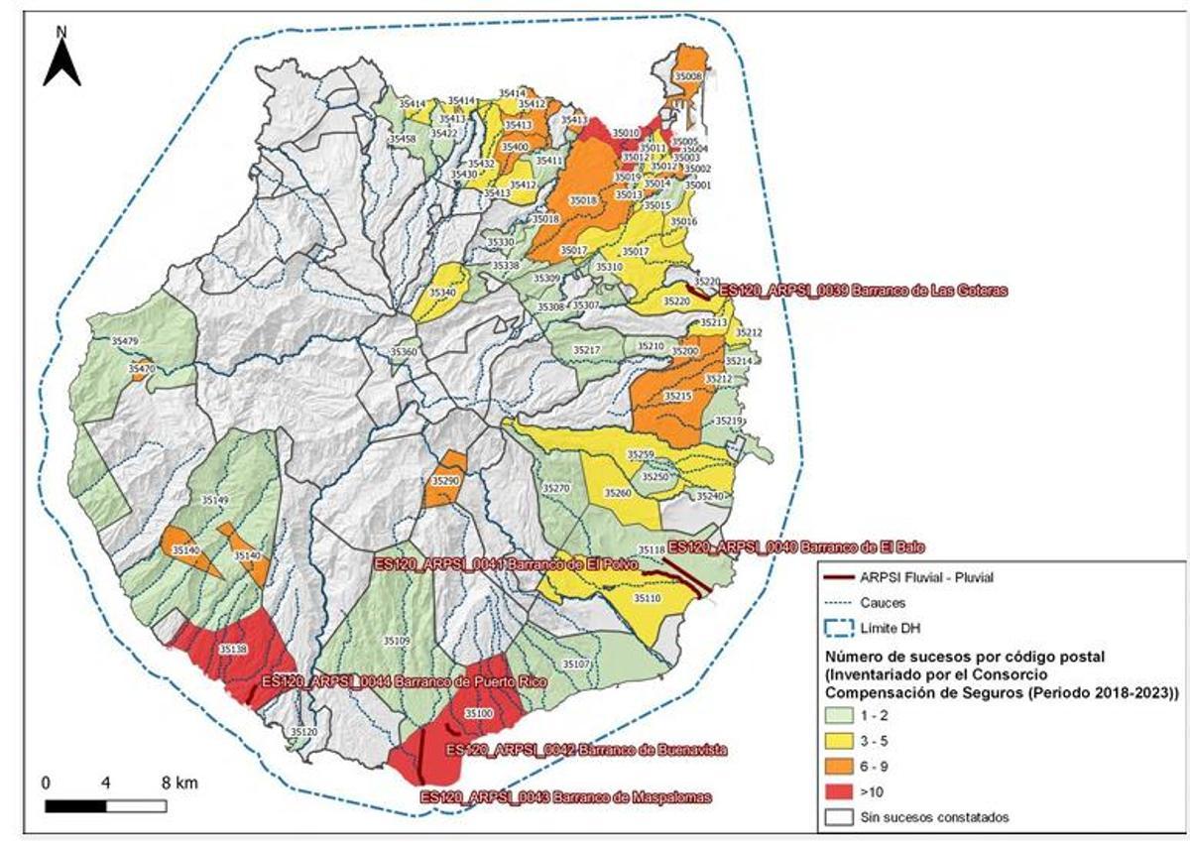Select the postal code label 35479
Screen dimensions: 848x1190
point(125,341)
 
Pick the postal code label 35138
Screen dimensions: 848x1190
point(232,649)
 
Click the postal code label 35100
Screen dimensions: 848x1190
point(478,714)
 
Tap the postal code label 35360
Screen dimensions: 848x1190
point(404,353)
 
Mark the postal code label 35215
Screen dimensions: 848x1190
point(677,396)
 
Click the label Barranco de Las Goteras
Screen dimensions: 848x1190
point(863,292)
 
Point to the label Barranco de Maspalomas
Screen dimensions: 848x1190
point(566,797)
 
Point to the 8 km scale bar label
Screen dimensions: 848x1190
point(178,784)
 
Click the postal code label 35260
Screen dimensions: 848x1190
point(617,493)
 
